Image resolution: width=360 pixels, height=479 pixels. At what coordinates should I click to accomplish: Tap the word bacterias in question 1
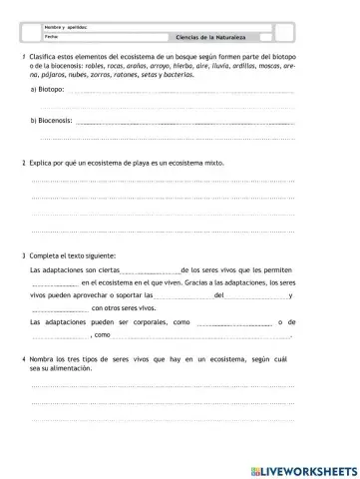(195, 76)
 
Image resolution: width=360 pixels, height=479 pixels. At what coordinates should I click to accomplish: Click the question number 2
(24, 161)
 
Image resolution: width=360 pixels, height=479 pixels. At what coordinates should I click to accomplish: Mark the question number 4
(24, 357)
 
